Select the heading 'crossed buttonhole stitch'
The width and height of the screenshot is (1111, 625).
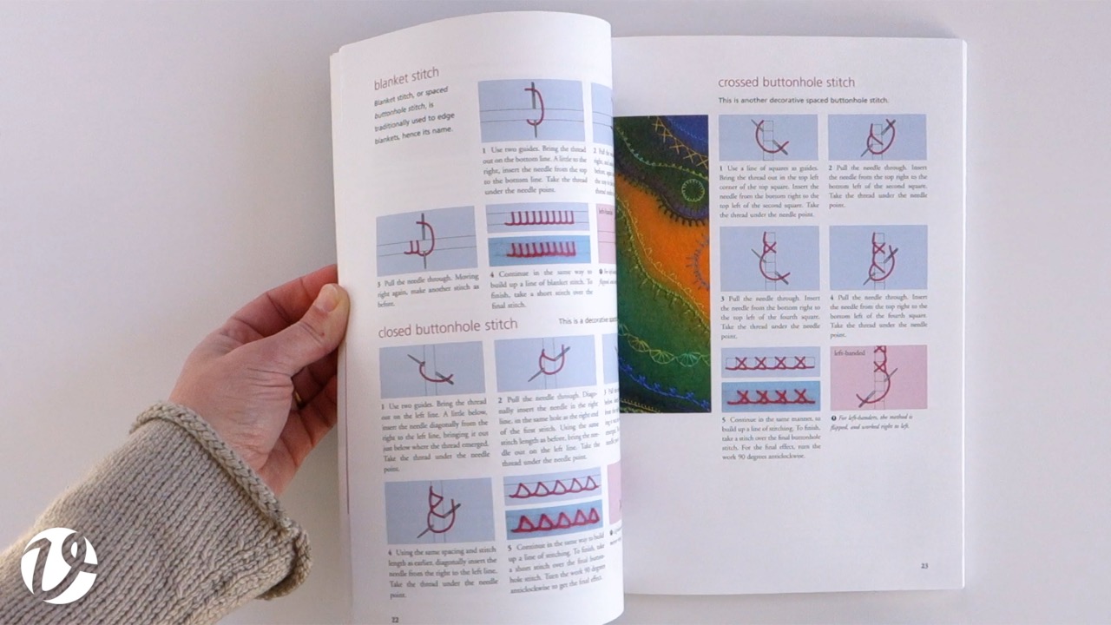[786, 82]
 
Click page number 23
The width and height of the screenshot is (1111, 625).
[924, 565]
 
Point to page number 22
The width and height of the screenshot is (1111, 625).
[394, 617]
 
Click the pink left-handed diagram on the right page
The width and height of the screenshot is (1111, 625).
[878, 378]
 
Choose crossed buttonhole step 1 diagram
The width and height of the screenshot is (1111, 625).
[768, 137]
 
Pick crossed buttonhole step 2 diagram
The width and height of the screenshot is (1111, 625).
[877, 137]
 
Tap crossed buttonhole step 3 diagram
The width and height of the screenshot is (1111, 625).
[769, 258]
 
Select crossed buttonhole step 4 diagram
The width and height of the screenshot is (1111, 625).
[878, 257]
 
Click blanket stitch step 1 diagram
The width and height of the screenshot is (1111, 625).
[530, 110]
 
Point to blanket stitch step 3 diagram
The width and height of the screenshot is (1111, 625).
[426, 240]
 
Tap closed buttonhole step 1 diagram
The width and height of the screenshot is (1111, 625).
[431, 369]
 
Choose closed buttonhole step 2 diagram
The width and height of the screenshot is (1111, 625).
[545, 364]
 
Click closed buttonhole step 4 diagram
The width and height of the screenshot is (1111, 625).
[439, 510]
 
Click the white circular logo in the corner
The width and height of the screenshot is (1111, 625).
[59, 565]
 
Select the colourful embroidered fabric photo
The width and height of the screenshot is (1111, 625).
[661, 264]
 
